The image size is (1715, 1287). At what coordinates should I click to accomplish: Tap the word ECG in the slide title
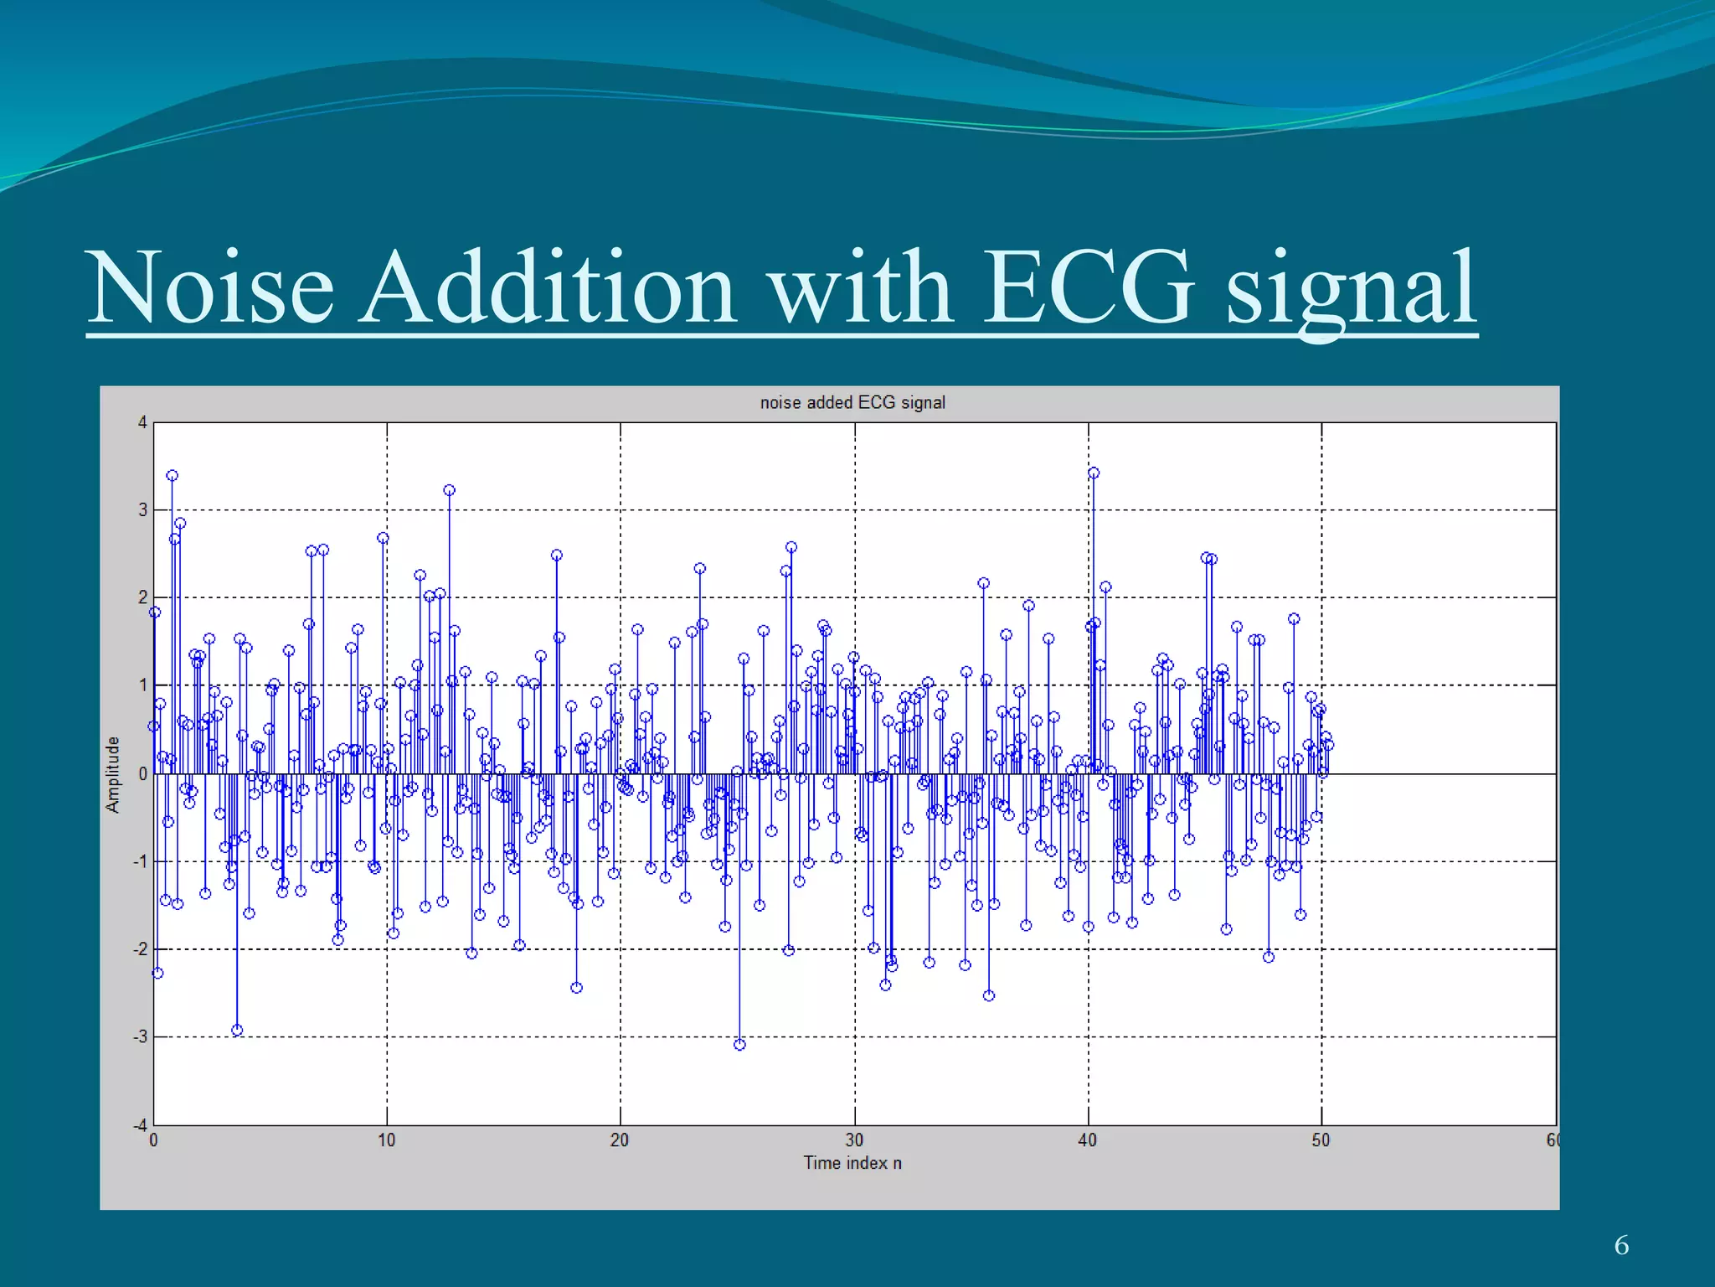tap(1087, 287)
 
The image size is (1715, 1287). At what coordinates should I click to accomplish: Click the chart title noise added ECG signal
tap(852, 403)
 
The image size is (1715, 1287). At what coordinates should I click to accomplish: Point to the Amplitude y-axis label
tap(113, 774)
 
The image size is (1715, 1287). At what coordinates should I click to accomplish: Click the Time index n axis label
tap(852, 1163)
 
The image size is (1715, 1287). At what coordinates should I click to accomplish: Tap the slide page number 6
tap(1621, 1245)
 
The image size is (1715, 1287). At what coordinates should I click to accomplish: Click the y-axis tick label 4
tap(142, 422)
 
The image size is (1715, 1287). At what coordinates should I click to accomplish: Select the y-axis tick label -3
tap(140, 1037)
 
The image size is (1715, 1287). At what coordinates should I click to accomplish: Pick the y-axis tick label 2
tap(142, 597)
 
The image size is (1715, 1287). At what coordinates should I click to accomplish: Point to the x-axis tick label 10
tap(386, 1140)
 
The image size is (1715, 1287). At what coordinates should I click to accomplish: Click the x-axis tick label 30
tap(854, 1140)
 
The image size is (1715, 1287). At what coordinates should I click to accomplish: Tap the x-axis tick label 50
tap(1321, 1140)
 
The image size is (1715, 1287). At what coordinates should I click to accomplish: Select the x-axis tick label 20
tap(620, 1140)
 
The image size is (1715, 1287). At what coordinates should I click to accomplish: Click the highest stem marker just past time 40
tap(1094, 473)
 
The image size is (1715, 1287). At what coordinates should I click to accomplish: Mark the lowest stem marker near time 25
tap(739, 1045)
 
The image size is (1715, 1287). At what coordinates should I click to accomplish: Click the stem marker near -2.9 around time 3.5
tap(237, 1031)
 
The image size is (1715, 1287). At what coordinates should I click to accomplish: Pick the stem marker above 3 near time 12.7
tap(449, 490)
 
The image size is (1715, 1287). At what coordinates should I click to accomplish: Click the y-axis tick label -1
tap(140, 861)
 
